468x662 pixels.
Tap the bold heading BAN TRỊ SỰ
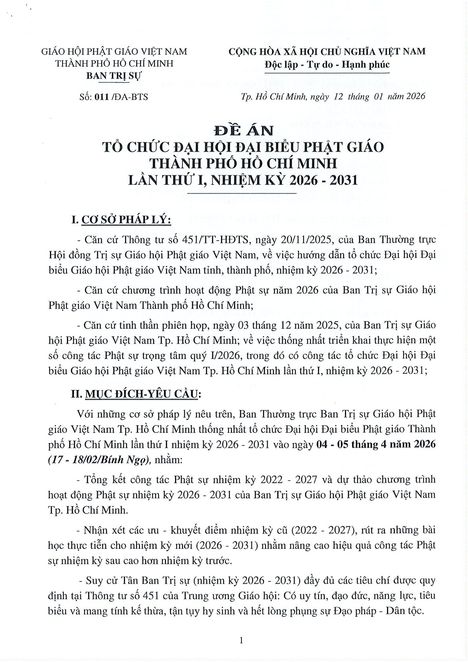(114, 76)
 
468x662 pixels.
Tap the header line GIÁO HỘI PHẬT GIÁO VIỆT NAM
(114, 52)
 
